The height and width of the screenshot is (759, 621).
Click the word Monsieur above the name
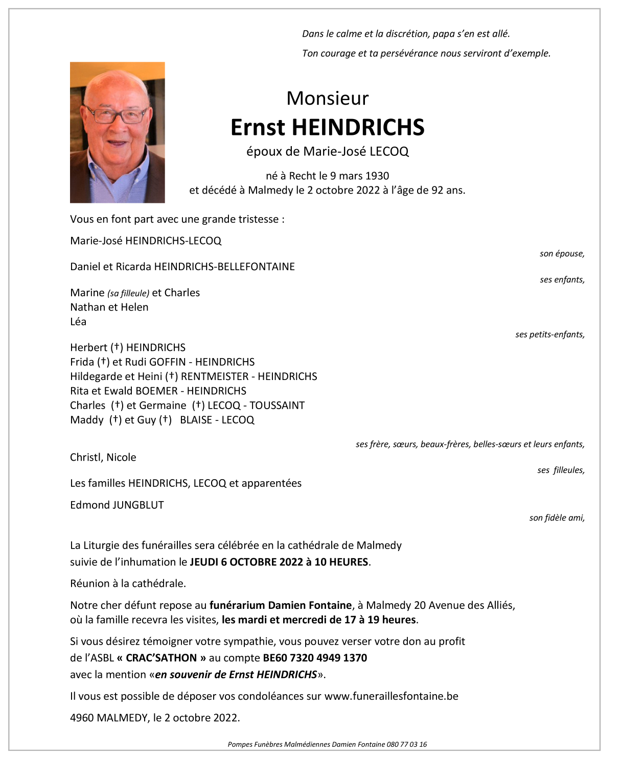click(327, 98)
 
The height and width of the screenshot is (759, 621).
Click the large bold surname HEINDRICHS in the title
click(358, 127)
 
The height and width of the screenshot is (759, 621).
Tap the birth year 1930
click(377, 176)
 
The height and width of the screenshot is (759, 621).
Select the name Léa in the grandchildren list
click(78, 321)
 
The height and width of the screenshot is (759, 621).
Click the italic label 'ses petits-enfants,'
click(549, 335)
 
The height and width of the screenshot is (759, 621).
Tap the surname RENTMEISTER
click(215, 376)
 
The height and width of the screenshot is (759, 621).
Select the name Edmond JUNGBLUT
click(117, 505)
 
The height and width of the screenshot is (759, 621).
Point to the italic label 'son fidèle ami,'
click(557, 518)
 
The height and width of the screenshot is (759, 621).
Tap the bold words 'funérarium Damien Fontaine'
click(281, 605)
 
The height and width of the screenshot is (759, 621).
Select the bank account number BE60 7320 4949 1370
click(315, 658)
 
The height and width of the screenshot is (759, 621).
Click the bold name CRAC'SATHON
click(161, 658)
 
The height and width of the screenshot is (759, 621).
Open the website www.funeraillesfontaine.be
click(391, 696)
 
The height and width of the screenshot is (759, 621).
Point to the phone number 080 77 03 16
click(407, 744)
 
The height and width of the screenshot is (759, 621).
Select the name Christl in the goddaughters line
click(85, 457)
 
